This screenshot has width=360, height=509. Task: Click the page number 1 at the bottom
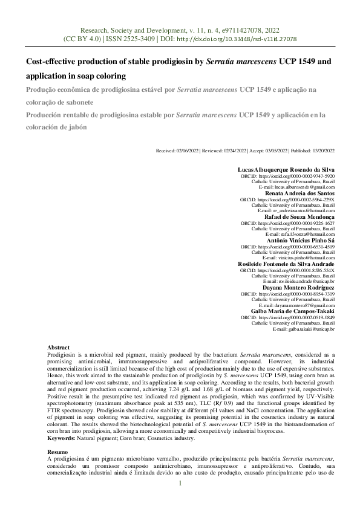pos(180,500)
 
